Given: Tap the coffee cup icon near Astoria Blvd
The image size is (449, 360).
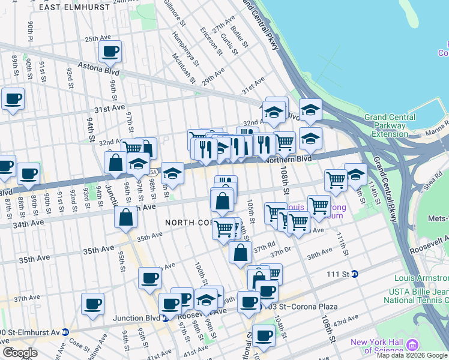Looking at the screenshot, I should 110,52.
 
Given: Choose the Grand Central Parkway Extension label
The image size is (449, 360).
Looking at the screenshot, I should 390,125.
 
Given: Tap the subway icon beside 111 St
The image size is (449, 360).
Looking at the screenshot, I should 354,274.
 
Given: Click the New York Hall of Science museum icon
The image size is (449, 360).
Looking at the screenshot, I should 412,345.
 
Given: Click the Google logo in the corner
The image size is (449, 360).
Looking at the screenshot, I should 20,353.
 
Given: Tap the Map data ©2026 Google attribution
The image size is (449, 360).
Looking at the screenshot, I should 412,355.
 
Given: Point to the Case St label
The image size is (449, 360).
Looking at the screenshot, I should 79,344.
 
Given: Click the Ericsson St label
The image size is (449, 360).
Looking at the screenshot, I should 211,41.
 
